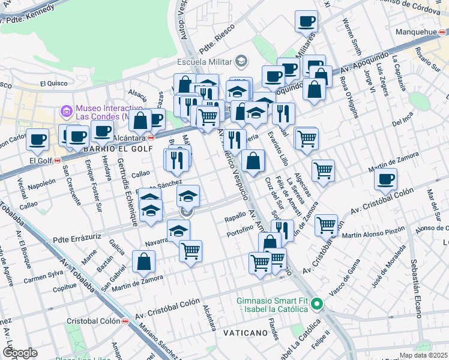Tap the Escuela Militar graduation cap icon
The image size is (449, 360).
point(241,60)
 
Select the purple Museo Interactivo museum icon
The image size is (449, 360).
point(65,111)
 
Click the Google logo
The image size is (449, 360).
point(19,353)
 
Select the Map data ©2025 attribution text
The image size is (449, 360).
point(423,355)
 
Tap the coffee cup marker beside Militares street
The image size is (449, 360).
point(306,22)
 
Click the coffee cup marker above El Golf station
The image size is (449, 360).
point(37,139)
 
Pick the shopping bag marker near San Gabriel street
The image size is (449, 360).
point(144,261)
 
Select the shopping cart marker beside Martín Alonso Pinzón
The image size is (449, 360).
point(326,225)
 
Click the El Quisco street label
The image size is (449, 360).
point(54,83)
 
